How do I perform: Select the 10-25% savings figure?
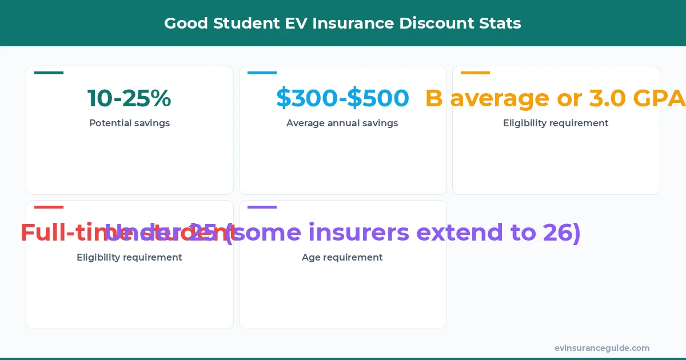129,98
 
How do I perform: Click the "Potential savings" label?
129,123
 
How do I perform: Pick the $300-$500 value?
342,98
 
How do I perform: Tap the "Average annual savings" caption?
342,123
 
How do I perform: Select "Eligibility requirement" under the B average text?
556,123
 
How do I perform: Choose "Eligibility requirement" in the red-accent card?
129,257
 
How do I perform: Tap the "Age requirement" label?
342,257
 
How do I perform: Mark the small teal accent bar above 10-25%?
49,73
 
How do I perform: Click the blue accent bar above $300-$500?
262,73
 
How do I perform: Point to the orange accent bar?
475,73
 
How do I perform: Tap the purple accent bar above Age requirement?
262,207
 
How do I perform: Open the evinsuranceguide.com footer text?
601,348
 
